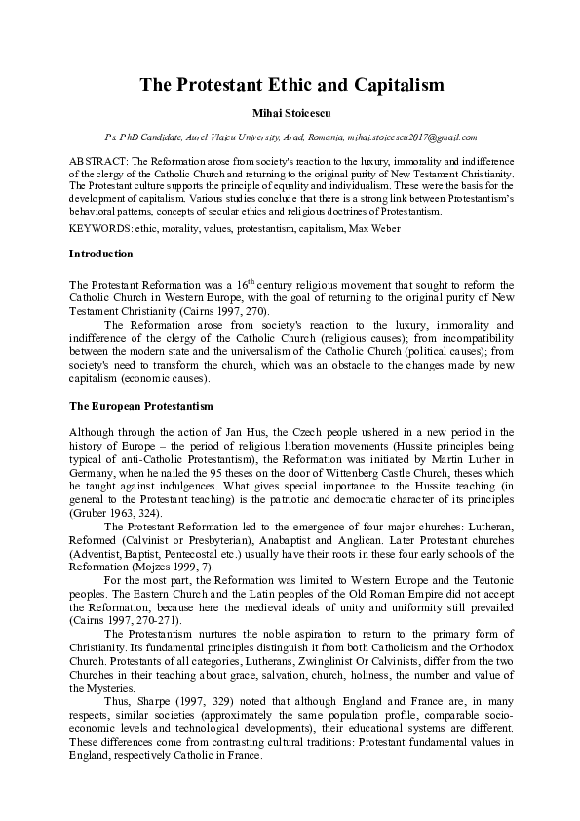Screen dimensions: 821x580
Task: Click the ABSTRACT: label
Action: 98,158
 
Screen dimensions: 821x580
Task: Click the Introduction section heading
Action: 101,254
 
